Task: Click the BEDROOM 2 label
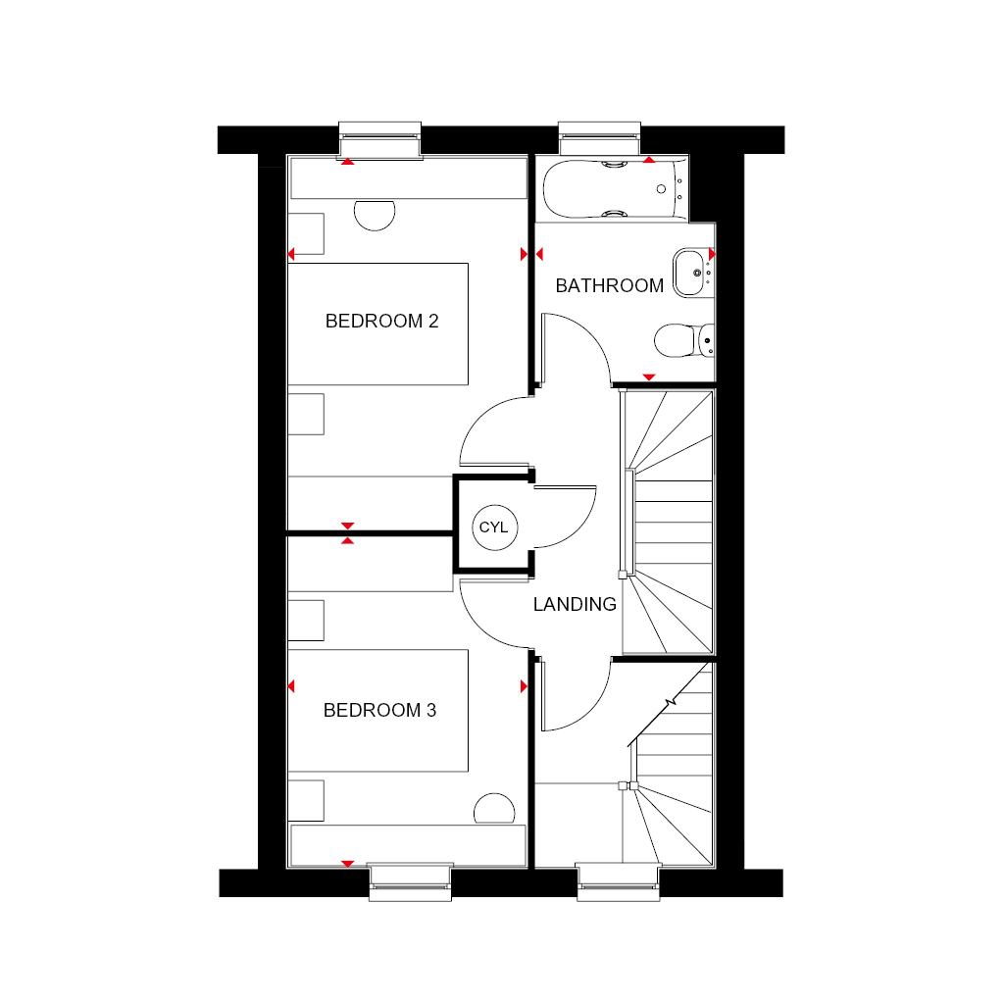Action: coord(381,321)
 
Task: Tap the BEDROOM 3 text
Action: coord(379,710)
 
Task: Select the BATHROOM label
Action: coord(609,285)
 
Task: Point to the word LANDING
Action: coord(575,604)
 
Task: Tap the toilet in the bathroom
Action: coord(683,340)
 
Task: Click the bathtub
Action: coord(616,189)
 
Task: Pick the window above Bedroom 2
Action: coord(379,138)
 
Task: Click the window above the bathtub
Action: coord(599,138)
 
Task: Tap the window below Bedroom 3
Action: coord(411,882)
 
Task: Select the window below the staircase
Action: coord(619,882)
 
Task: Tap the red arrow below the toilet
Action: coord(649,377)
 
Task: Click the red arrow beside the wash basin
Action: coord(712,254)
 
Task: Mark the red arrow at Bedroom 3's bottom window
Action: coord(348,864)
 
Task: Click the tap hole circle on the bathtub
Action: coord(662,189)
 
